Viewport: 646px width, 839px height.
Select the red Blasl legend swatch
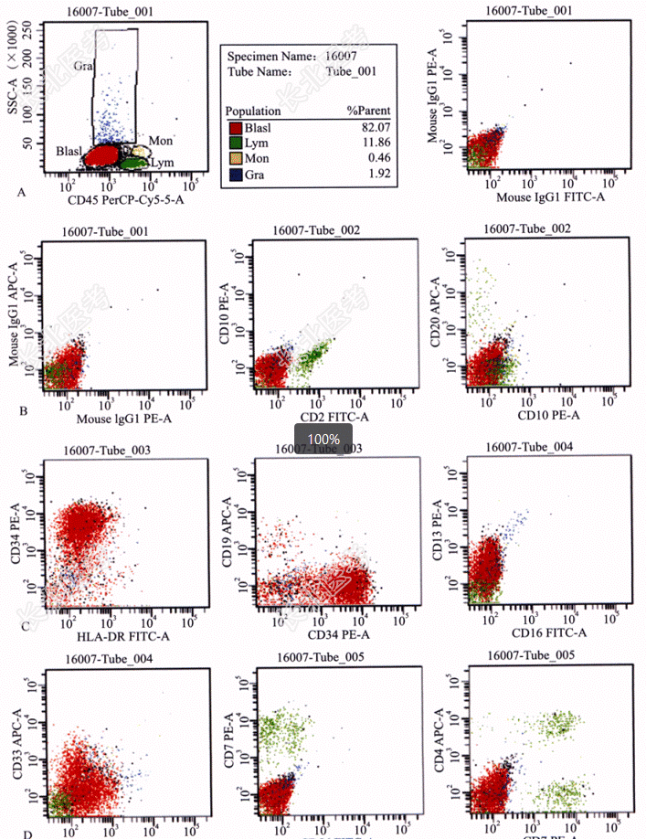coord(235,128)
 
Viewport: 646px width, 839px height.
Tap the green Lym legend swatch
coord(235,143)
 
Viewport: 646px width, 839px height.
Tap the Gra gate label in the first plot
coord(84,67)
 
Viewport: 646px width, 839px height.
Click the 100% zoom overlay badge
coord(323,440)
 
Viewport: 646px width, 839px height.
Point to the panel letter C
coord(25,625)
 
